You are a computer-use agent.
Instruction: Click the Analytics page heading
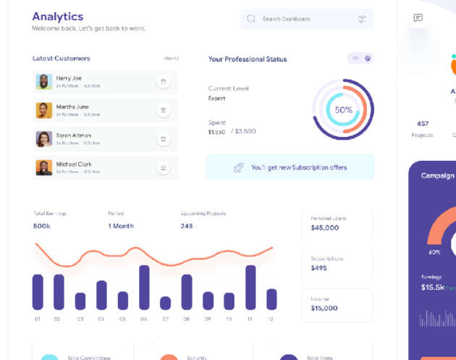pos(58,16)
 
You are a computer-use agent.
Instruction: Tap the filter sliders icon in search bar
pos(362,19)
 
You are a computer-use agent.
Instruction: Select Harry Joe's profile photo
pos(44,82)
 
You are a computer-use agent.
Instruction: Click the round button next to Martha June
pos(164,110)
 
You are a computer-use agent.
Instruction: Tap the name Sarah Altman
pos(74,135)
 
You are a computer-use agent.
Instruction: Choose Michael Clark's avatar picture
pos(44,167)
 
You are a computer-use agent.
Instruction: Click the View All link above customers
pos(171,58)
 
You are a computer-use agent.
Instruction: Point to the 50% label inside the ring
pos(343,110)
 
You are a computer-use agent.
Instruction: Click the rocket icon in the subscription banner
pos(238,167)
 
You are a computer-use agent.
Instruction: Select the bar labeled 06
pos(144,287)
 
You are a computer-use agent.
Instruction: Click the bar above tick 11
pos(250,287)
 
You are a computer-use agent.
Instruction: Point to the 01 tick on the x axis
pos(37,319)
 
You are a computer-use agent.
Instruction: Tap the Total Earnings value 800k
pos(42,226)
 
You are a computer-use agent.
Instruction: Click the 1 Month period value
pos(121,226)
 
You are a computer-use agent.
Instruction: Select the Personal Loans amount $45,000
pos(324,227)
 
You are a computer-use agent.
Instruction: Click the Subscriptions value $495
pos(318,268)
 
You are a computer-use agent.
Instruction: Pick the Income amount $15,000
pos(324,308)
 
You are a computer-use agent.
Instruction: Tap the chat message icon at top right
pos(418,18)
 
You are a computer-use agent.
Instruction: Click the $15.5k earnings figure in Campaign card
pos(432,288)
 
